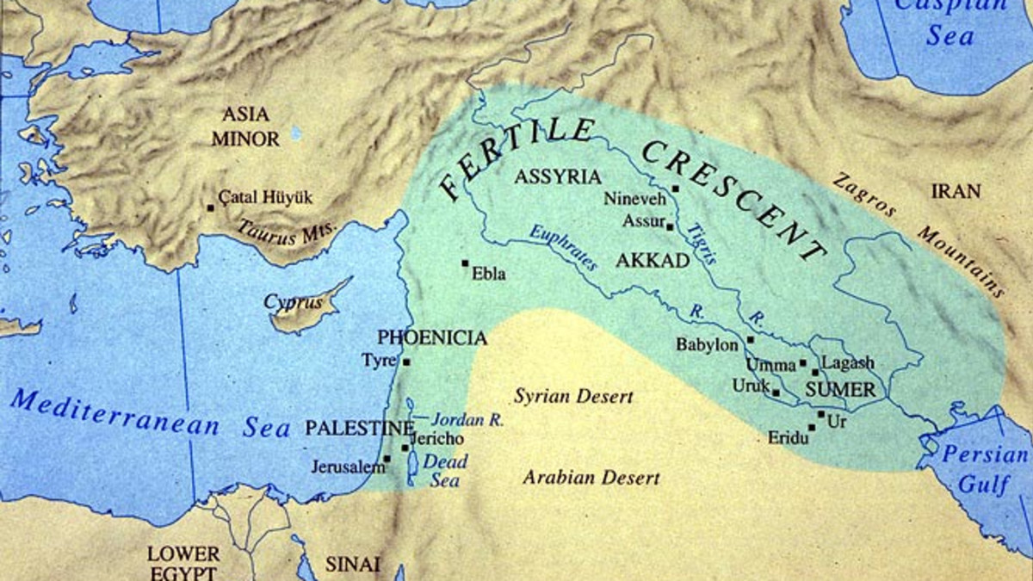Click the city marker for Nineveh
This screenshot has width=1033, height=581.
coord(676,189)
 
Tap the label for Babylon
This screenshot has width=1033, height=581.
coord(707,345)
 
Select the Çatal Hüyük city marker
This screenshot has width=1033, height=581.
coord(210,207)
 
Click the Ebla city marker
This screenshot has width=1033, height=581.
coord(465,263)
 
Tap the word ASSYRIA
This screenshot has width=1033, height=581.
coord(557,177)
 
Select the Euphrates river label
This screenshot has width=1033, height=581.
coord(563,249)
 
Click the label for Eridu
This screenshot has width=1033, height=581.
coord(788,438)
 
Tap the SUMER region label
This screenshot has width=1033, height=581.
coord(840,390)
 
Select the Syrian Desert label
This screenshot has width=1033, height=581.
coord(573,397)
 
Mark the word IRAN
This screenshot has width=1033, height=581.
coord(955,191)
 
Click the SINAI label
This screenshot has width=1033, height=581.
coord(351,565)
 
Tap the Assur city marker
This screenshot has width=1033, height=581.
coord(670,226)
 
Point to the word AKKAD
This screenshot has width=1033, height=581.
coord(653,261)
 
